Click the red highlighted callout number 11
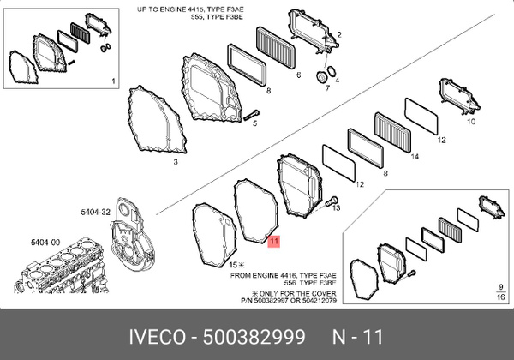pyautogui.click(x=273, y=242)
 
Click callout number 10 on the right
pyautogui.click(x=470, y=122)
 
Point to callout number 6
pyautogui.click(x=299, y=75)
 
